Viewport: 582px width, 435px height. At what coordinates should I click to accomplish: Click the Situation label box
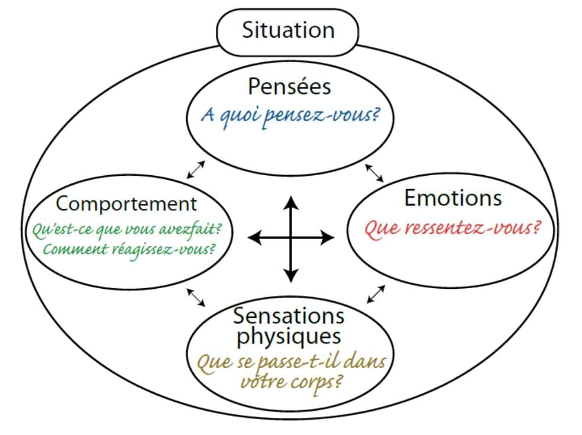tap(288, 30)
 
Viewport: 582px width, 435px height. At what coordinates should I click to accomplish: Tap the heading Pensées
tap(289, 86)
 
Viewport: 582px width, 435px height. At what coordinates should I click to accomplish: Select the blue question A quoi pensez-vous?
tap(289, 114)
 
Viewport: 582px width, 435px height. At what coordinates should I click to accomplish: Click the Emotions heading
tap(452, 198)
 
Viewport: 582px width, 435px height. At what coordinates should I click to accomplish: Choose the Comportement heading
tap(127, 204)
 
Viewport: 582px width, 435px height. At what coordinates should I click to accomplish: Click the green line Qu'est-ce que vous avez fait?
tap(131, 228)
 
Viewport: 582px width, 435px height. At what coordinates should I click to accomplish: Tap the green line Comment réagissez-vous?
tap(129, 249)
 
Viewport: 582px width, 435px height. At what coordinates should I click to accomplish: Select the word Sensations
tap(289, 315)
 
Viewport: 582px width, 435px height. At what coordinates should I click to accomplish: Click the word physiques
tap(289, 337)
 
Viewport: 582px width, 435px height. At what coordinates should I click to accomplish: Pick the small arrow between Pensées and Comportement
tap(196, 169)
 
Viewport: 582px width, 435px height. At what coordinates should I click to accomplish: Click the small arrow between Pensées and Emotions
tap(374, 172)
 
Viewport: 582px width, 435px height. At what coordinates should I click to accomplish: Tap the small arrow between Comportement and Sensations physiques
tap(196, 297)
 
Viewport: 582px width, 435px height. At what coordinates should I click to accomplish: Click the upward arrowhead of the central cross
tap(290, 203)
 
